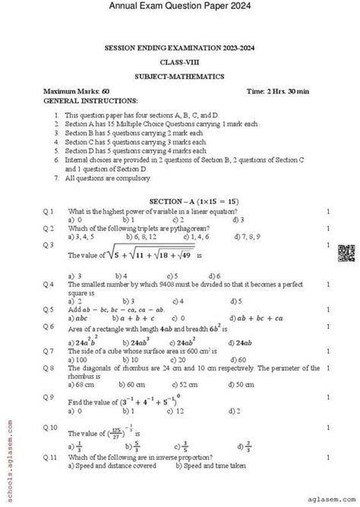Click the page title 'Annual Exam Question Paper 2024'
179,8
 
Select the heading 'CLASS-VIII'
180,61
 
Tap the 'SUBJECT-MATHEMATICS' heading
179,77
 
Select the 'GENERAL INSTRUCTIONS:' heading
81,99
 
